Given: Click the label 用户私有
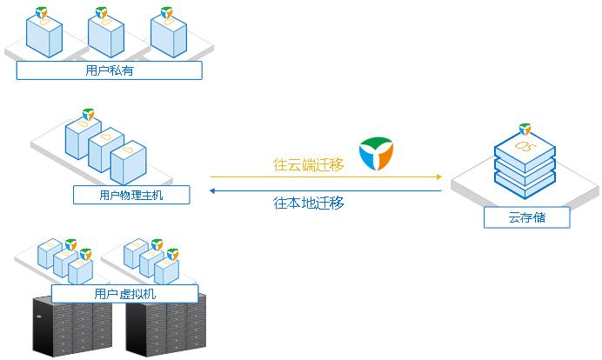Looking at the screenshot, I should [109, 70].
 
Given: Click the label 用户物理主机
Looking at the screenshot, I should [130, 195].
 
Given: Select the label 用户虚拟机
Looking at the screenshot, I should [124, 294].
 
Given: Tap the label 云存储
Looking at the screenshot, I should [526, 217].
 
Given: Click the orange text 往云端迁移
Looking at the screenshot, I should [309, 164].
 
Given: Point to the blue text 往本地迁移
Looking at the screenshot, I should [309, 203].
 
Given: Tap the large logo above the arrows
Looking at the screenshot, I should [377, 154].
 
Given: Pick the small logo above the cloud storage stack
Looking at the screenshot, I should [524, 129].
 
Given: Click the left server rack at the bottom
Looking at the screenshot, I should [72, 326].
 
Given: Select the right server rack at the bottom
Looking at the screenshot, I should [167, 326].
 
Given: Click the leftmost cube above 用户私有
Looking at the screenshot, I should [44, 37].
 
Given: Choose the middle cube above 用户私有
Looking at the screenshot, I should [105, 37].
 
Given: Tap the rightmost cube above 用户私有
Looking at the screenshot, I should [169, 37].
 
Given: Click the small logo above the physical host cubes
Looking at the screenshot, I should [88, 114].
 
